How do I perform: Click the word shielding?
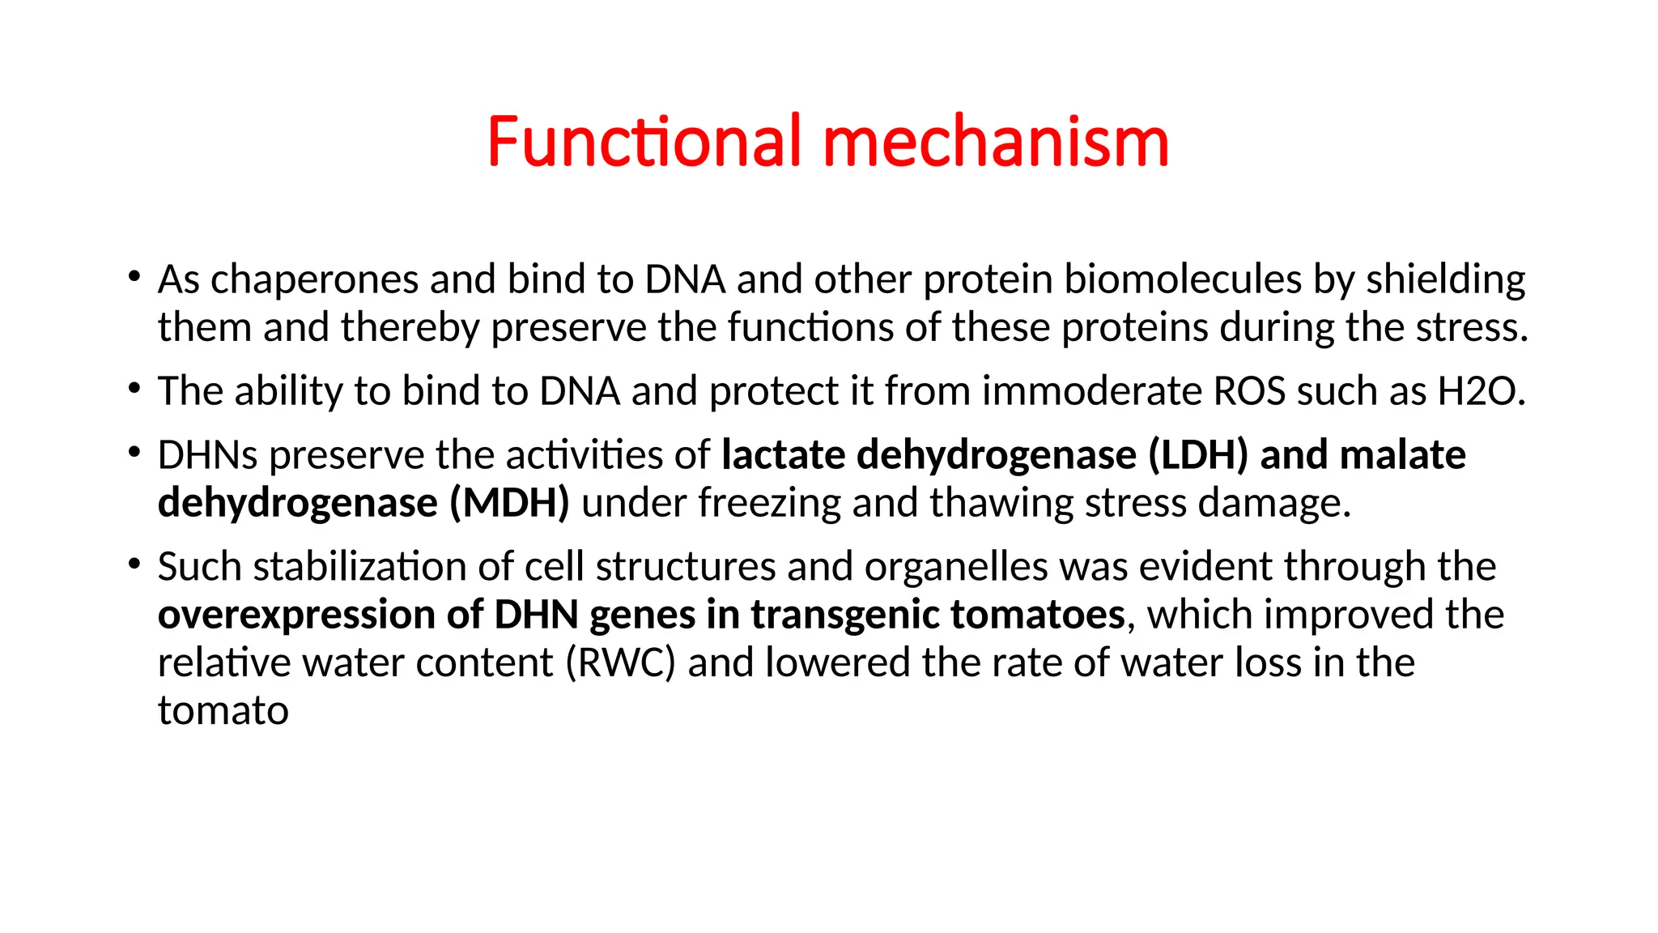pyautogui.click(x=1446, y=280)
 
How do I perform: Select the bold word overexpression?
pyautogui.click(x=296, y=616)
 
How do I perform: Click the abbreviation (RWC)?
pyautogui.click(x=620, y=663)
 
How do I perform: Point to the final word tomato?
pyautogui.click(x=223, y=711)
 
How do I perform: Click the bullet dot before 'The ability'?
pyautogui.click(x=134, y=389)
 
